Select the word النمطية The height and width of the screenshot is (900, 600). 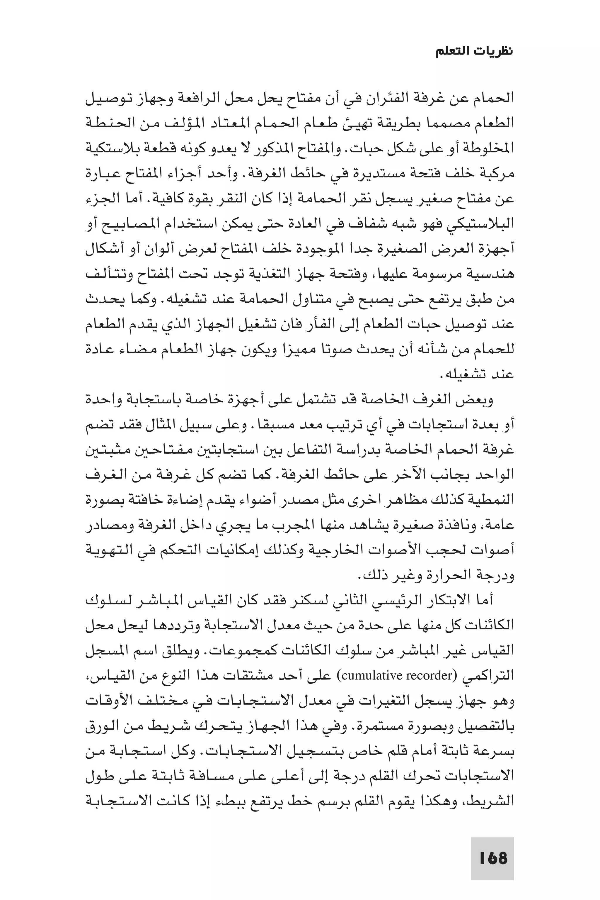[x=492, y=500]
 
